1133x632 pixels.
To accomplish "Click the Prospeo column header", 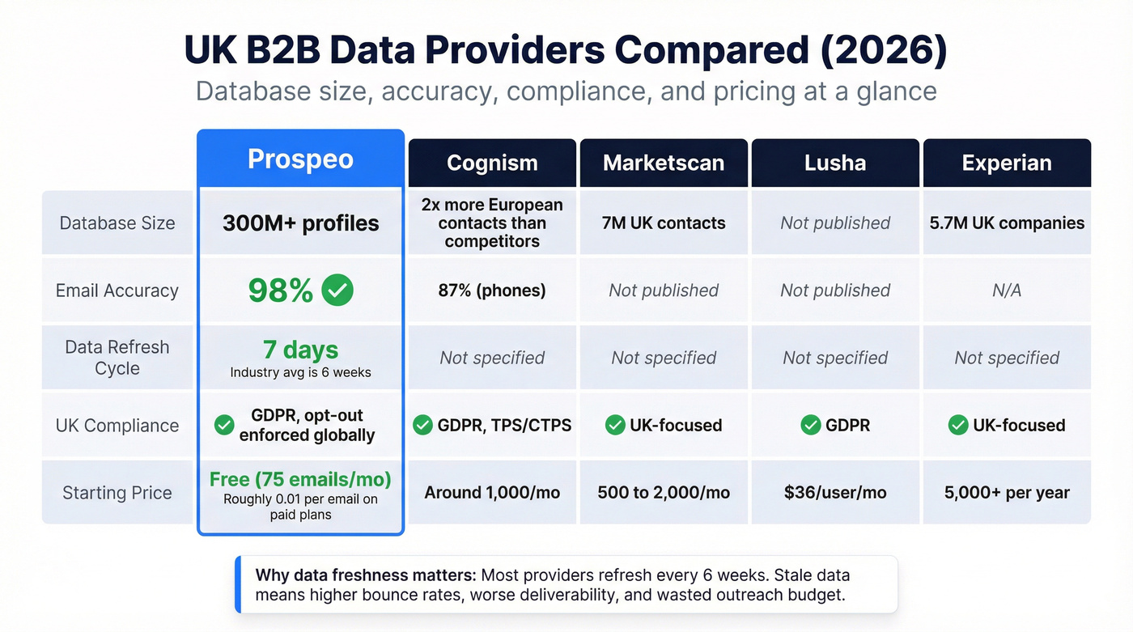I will (300, 159).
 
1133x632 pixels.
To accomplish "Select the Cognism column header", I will (492, 163).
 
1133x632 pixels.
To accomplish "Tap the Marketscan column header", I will (664, 163).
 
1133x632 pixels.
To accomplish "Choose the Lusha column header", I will (835, 163).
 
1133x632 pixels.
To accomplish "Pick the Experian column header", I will (1007, 163).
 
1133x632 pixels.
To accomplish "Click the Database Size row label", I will (117, 223).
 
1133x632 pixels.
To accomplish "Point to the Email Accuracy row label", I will (117, 291).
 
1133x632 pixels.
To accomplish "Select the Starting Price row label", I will (117, 493).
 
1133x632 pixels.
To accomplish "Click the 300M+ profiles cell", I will (300, 223).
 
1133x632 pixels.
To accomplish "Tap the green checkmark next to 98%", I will (337, 290).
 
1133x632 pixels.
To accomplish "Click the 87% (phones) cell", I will (492, 291).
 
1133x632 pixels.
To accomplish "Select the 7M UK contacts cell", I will (664, 223).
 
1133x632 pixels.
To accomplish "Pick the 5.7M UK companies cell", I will (1007, 223).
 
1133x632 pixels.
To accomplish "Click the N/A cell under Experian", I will (1007, 291).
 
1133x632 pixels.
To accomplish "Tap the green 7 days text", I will (300, 350).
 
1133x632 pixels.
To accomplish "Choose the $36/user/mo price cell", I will (835, 493).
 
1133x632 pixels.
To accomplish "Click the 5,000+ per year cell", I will (1007, 493).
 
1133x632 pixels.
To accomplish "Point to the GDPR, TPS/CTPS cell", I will (492, 426).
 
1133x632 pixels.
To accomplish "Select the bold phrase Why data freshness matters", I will (366, 576).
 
